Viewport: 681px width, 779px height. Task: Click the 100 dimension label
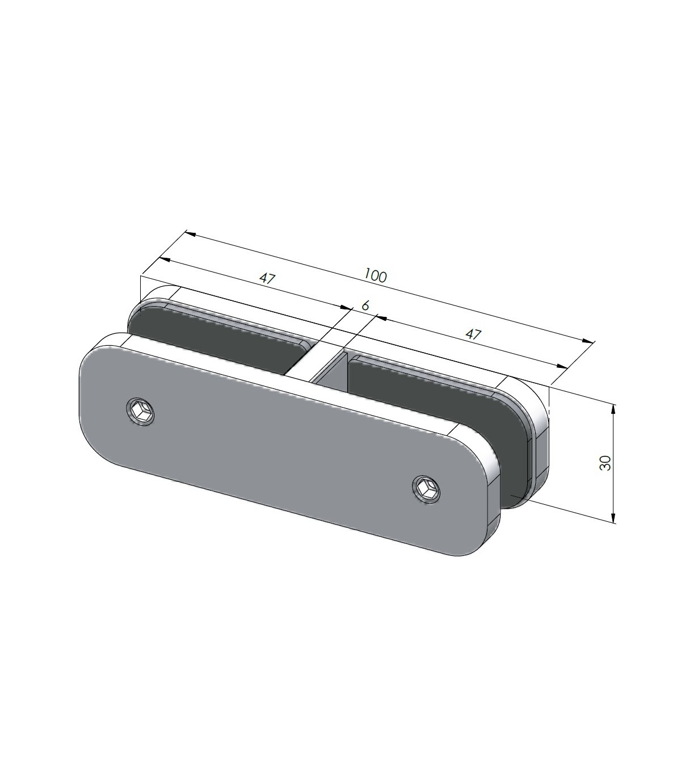pos(375,275)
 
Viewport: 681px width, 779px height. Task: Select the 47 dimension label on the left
pos(267,278)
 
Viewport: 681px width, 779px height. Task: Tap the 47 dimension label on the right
pos(473,334)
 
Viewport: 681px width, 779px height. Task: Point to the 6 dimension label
pos(365,305)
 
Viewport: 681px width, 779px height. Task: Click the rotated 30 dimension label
pos(604,463)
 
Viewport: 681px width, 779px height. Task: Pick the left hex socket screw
pos(141,412)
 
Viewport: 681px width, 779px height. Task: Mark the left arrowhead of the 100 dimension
pos(190,234)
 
